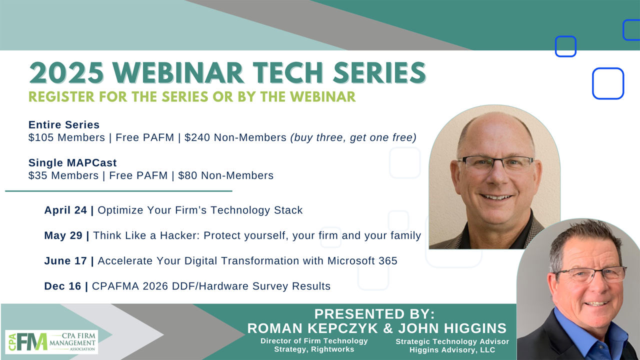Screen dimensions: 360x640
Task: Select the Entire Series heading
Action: [64, 125]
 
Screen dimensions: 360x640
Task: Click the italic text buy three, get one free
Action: [353, 137]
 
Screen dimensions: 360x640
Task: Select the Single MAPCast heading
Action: [72, 163]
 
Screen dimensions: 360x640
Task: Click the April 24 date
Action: [65, 210]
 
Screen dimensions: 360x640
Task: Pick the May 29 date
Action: [63, 235]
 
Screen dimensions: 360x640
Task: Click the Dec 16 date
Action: [63, 286]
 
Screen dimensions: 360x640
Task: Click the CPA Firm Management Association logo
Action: [51, 341]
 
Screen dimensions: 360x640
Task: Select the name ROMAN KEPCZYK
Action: [312, 328]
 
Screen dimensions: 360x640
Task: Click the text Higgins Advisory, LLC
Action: [452, 349]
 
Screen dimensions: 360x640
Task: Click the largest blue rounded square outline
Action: [608, 83]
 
